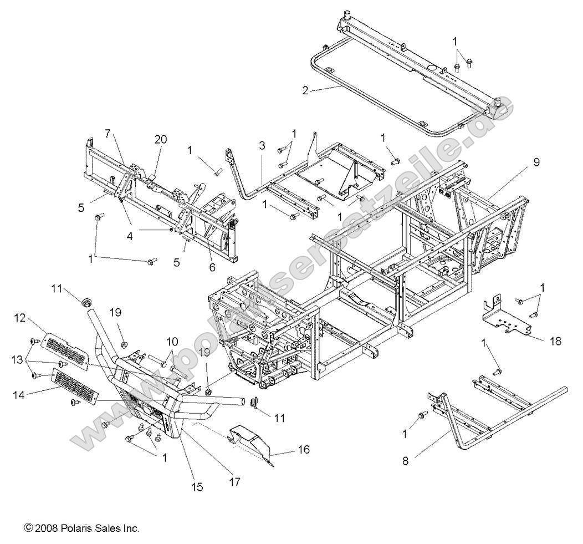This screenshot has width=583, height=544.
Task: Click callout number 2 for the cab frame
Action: (x=305, y=91)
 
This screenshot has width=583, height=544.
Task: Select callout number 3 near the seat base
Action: (x=262, y=146)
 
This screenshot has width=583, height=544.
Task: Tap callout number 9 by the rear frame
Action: (x=536, y=162)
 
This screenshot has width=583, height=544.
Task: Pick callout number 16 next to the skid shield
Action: (x=303, y=449)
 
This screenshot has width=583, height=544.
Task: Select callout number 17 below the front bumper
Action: (x=234, y=482)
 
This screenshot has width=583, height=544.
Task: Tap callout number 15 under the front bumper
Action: (x=197, y=487)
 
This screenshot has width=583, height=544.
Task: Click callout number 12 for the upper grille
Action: (x=20, y=317)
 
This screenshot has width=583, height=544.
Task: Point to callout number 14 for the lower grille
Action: (x=20, y=395)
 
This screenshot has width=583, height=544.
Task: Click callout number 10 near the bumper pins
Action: (x=171, y=340)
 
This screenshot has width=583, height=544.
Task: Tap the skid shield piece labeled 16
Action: (x=252, y=438)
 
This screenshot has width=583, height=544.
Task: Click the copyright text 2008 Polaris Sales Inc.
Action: (x=81, y=528)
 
